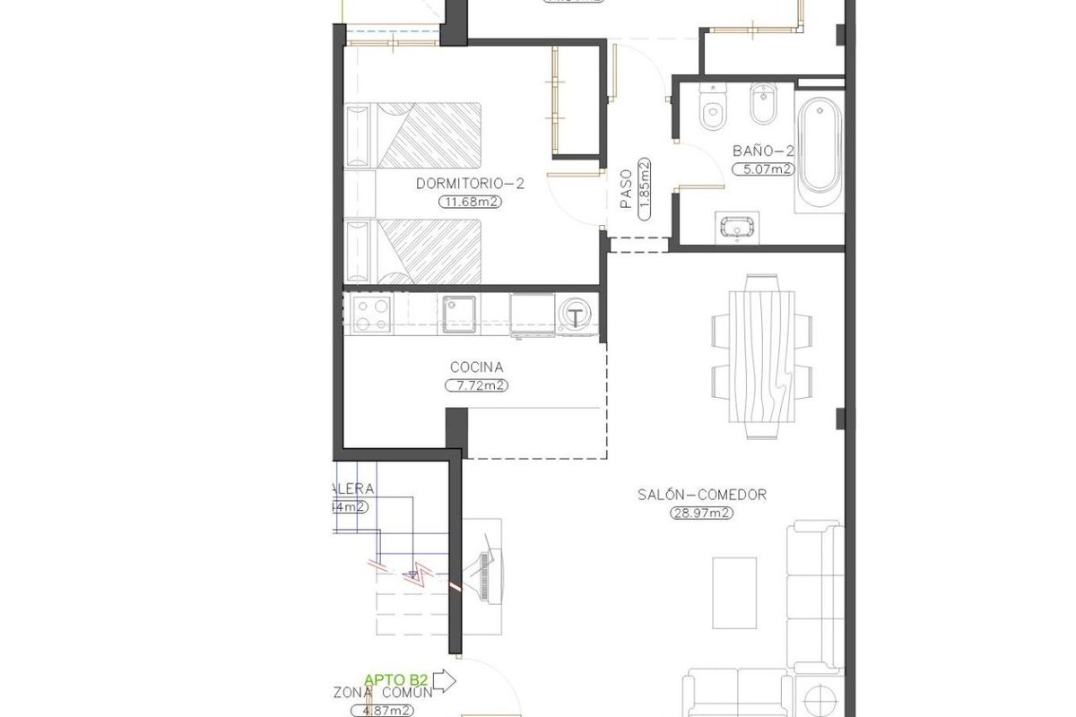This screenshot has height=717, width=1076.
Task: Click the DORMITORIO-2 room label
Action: (x=469, y=184)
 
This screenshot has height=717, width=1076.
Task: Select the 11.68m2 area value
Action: (x=469, y=202)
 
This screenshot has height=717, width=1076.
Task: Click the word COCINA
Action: (x=476, y=367)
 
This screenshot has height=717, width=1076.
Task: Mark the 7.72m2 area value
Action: (x=476, y=385)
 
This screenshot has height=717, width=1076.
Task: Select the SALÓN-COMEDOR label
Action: (x=702, y=495)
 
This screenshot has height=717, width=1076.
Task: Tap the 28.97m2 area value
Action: (x=702, y=514)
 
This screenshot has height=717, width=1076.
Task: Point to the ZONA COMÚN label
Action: (x=383, y=693)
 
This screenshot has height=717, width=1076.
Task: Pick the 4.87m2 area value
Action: (x=383, y=710)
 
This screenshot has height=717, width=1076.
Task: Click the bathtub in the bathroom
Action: (x=820, y=148)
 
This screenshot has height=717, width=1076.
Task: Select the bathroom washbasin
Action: (x=737, y=228)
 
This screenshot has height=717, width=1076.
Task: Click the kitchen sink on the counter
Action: (x=461, y=313)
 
